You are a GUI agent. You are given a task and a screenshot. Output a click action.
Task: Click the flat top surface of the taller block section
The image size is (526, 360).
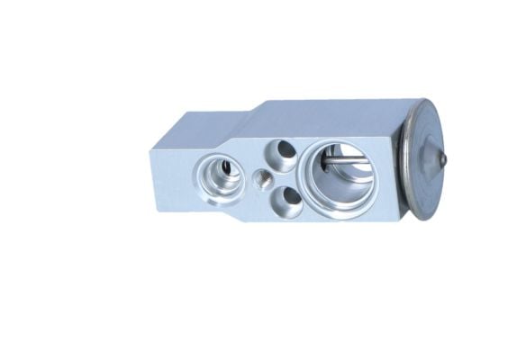333,112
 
